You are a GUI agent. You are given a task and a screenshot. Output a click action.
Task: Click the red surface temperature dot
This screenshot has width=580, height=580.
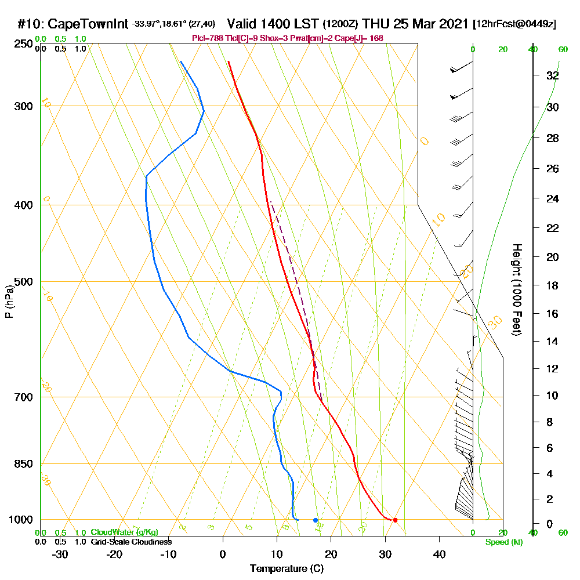tap(395, 520)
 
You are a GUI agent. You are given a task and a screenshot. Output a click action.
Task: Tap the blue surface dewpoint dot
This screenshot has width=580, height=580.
tap(316, 520)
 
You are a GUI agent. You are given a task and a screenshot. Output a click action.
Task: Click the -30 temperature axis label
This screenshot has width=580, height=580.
tap(60, 554)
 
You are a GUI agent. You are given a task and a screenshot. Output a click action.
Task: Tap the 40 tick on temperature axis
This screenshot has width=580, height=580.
tap(439, 554)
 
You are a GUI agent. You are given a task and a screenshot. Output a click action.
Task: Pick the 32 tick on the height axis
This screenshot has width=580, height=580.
tap(553, 75)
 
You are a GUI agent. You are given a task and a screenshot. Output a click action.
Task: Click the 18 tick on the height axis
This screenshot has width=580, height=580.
tap(553, 285)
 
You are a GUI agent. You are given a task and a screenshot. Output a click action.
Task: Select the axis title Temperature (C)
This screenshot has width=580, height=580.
tap(287, 568)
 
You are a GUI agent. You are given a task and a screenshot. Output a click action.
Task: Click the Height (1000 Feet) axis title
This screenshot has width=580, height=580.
tap(516, 289)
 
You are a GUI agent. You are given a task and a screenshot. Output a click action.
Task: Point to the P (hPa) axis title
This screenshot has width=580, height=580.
tap(9, 301)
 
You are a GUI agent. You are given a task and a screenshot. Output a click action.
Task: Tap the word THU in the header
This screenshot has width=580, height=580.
tap(377, 24)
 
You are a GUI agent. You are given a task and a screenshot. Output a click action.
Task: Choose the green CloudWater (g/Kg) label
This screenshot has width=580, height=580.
tap(124, 532)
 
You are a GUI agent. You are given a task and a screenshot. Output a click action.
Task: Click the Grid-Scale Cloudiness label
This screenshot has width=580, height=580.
tap(130, 542)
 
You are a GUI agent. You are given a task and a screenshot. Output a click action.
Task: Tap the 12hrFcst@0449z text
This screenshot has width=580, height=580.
tap(515, 24)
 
